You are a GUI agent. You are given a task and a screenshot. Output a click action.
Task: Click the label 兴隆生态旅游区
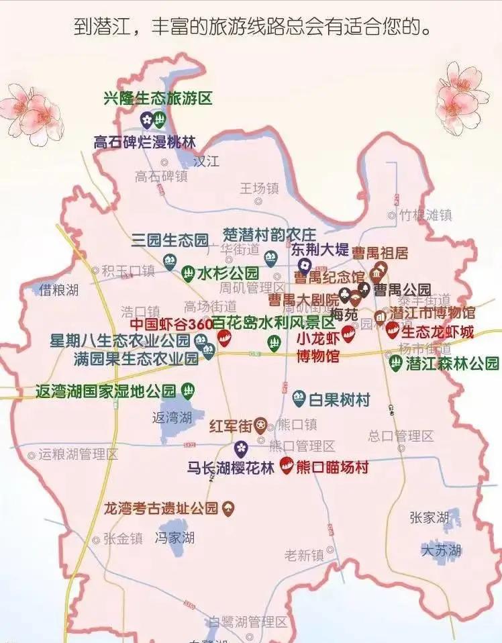[158, 99]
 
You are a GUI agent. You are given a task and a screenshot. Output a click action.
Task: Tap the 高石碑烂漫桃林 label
[144, 142]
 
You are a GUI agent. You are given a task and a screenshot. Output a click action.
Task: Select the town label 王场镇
[259, 189]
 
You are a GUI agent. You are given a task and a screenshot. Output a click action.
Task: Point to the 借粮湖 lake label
[58, 290]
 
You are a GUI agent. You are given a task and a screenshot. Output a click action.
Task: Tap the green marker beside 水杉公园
[187, 273]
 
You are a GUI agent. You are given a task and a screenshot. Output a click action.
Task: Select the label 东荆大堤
[319, 250]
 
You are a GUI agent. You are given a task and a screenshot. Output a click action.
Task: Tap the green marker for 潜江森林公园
[396, 364]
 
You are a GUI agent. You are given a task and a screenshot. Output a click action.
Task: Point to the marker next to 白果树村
[299, 400]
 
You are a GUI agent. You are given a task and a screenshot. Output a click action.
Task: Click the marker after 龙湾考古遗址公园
[229, 508]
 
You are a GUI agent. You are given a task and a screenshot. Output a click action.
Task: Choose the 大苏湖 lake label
[441, 551]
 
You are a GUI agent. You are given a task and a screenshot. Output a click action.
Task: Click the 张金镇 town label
[122, 538]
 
